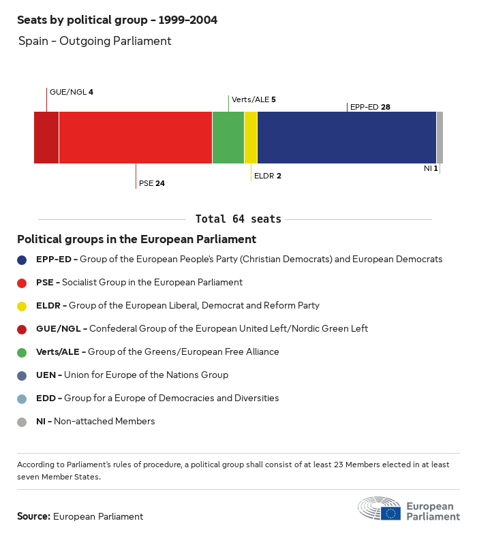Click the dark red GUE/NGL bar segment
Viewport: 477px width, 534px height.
pos(46,138)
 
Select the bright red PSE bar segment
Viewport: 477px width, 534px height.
pos(136,138)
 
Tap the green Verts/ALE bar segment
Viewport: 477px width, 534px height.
pos(228,138)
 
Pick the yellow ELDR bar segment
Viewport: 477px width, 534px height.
pos(251,138)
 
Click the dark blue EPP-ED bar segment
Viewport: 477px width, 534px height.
pos(347,138)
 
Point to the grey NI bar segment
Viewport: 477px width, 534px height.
pos(440,138)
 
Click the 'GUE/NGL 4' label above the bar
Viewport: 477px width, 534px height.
pos(71,92)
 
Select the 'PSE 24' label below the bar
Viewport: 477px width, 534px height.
pos(152,183)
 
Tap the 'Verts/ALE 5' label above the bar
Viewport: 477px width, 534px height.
pos(253,99)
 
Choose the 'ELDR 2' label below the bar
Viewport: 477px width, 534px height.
pos(267,176)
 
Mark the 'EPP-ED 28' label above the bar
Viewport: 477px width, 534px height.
pos(370,107)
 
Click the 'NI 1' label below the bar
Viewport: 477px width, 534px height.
pos(431,168)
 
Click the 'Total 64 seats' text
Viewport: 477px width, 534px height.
pos(238,219)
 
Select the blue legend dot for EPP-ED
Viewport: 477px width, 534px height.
pos(22,260)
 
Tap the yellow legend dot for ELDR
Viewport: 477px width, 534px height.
pos(22,306)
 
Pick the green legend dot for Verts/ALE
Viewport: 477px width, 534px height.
pos(22,352)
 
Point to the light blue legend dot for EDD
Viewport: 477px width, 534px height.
pos(22,398)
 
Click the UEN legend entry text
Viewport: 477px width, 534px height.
pos(132,375)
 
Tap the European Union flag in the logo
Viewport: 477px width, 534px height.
pos(390,513)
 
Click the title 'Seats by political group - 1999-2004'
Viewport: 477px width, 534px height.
pos(117,20)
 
